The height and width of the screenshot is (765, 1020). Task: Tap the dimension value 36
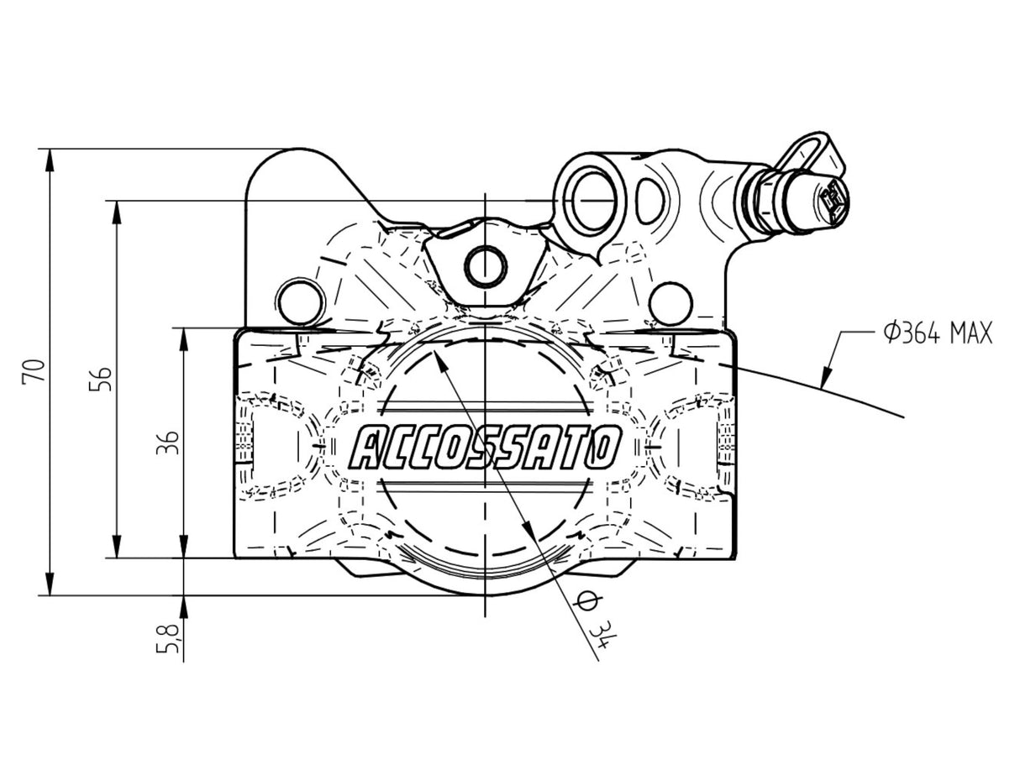170,442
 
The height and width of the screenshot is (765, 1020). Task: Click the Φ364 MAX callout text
937,333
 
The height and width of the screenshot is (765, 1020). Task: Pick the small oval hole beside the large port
649,200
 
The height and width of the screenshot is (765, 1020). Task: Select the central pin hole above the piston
486,267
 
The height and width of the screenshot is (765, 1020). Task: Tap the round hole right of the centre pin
670,301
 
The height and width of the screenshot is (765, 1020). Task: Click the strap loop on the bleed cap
807,149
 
